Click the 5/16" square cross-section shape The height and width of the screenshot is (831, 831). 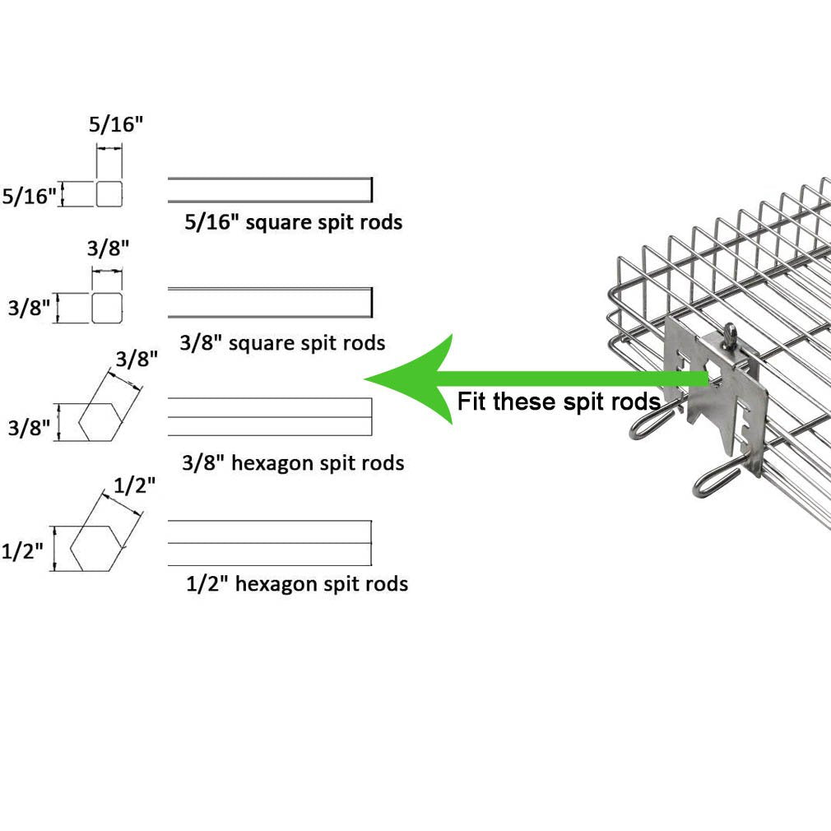(109, 193)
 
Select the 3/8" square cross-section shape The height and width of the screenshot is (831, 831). (107, 308)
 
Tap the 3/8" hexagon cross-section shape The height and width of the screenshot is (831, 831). (100, 422)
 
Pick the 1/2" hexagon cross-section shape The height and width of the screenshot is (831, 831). (97, 549)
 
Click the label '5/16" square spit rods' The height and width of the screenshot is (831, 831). (293, 222)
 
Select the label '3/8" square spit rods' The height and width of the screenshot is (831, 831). (282, 342)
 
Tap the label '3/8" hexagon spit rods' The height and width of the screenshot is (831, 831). (293, 462)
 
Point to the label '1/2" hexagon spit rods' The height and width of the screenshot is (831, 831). (297, 583)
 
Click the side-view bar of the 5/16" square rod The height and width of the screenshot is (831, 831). (271, 190)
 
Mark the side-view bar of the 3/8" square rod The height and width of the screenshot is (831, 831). (271, 303)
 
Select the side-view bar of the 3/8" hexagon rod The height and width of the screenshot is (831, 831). (270, 416)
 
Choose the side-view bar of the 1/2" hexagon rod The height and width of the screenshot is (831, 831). (270, 543)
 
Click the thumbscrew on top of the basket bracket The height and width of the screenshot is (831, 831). (731, 336)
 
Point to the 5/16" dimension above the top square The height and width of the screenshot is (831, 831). (115, 124)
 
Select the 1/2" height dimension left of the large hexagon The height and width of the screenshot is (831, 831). (22, 550)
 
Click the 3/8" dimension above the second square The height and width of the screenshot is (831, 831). (108, 248)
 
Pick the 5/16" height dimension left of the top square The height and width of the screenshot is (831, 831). (29, 196)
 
